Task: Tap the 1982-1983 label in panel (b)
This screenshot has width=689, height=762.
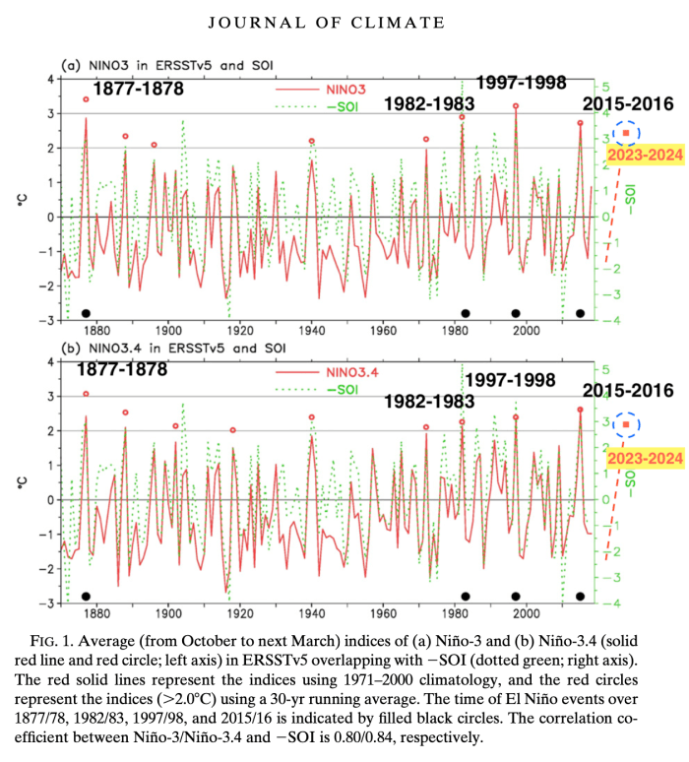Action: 429,401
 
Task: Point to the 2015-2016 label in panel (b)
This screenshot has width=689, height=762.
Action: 625,390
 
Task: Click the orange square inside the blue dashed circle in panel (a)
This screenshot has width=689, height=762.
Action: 626,132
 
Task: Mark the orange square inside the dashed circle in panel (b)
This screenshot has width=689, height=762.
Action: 626,425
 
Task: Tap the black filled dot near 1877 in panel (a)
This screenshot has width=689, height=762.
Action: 86,313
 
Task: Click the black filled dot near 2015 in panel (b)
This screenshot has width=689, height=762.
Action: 580,596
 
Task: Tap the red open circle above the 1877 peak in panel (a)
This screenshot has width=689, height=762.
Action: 86,98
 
